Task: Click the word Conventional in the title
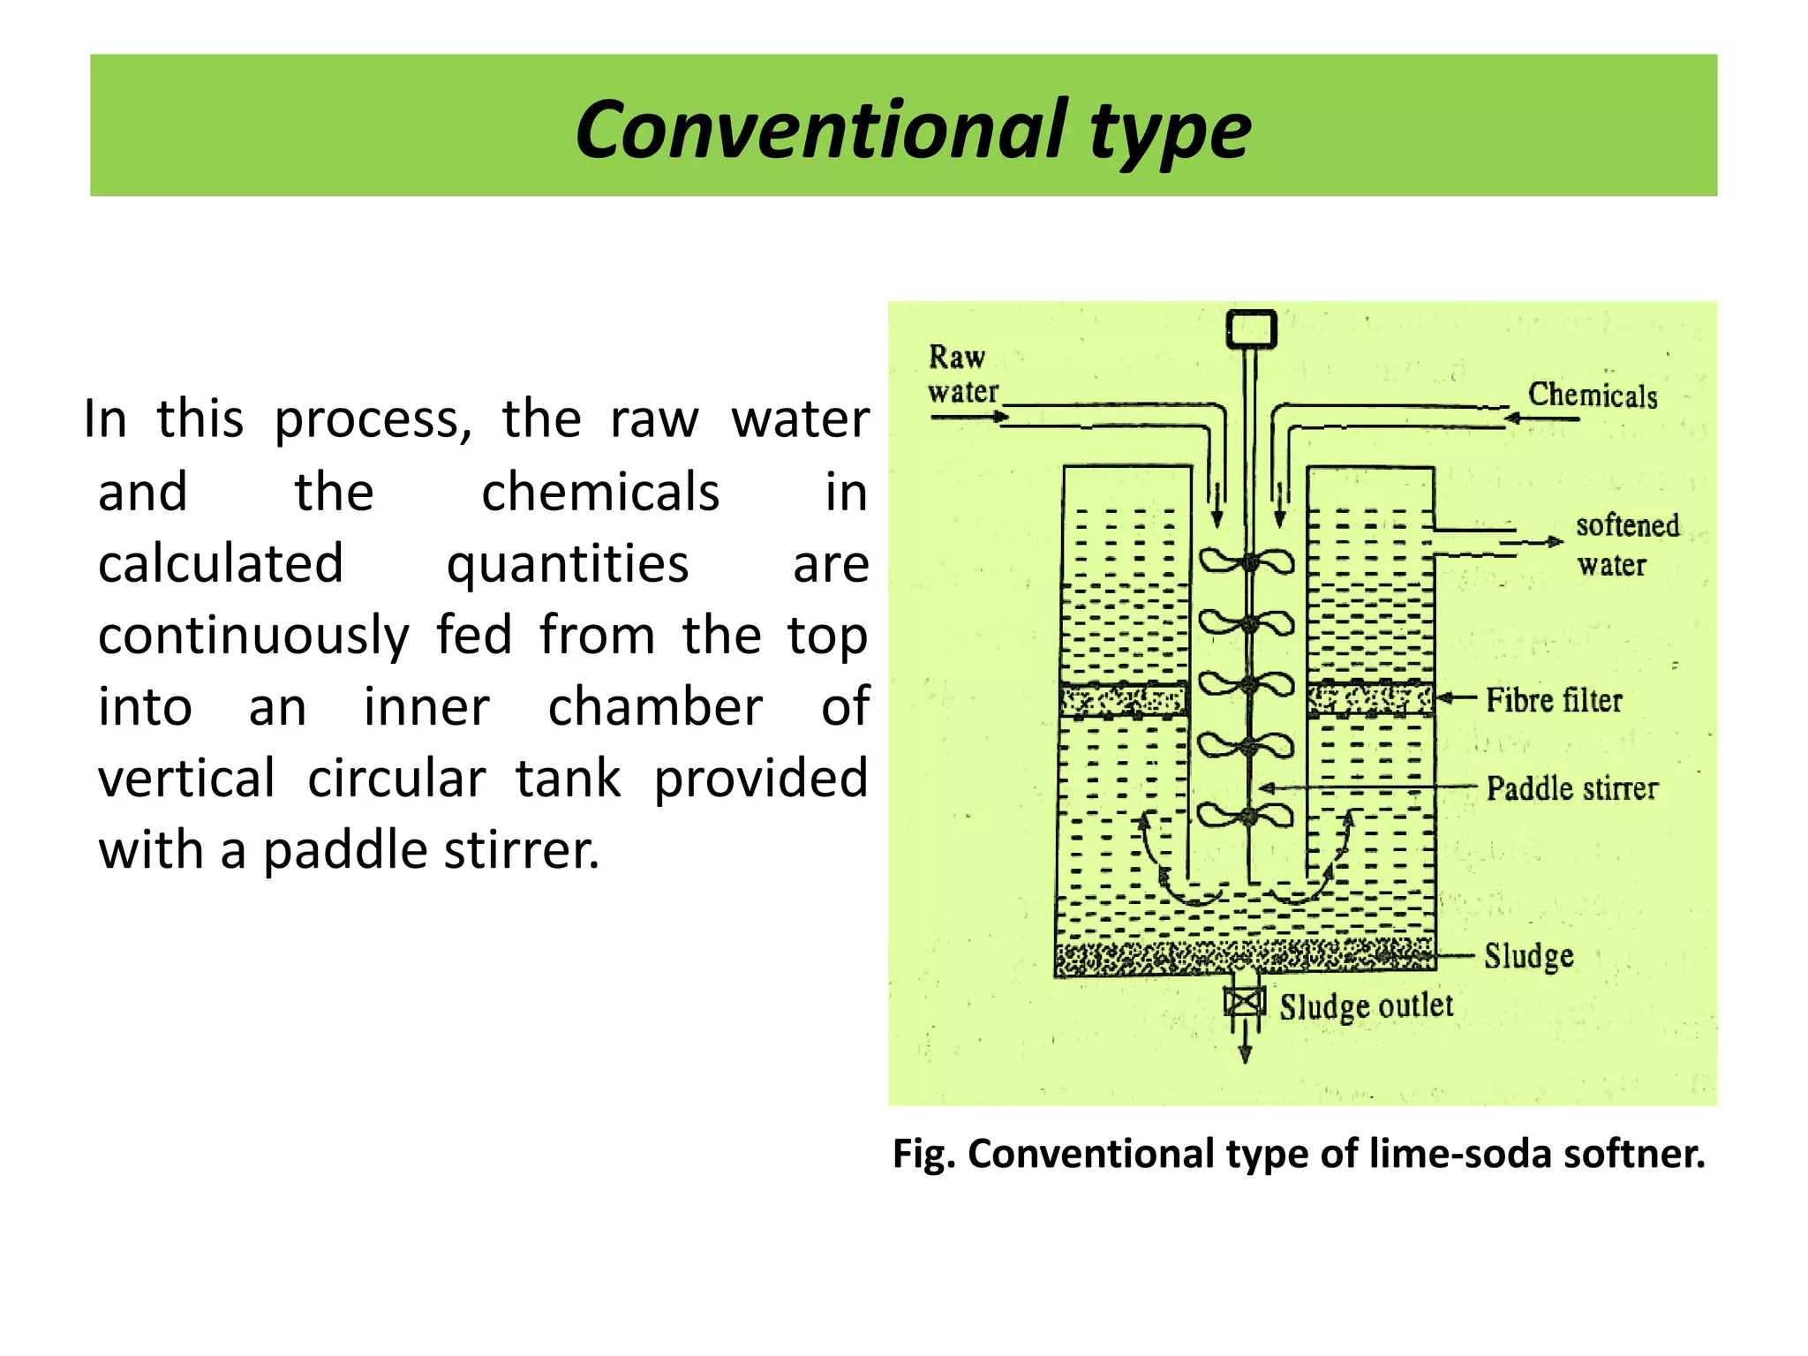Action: click(821, 130)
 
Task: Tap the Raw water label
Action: click(961, 374)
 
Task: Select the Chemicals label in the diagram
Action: click(1593, 395)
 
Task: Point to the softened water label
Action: click(1626, 544)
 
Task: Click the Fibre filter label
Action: click(1554, 700)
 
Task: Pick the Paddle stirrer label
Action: click(1571, 788)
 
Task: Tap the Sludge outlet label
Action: click(1366, 1006)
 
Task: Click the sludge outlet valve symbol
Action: click(1245, 1002)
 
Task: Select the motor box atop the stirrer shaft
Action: click(1251, 329)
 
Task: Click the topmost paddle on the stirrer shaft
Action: click(1248, 561)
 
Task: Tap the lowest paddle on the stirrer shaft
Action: click(1247, 817)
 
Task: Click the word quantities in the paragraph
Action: click(567, 564)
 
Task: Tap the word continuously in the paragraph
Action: click(253, 636)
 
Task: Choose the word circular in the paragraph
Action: click(396, 780)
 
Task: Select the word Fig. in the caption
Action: click(923, 1154)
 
